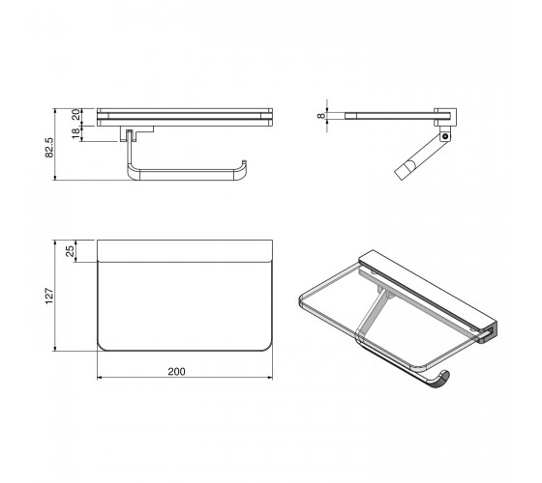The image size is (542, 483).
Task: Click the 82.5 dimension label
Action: [49, 148]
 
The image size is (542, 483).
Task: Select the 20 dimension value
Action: [76, 114]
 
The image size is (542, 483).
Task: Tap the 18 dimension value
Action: [76, 133]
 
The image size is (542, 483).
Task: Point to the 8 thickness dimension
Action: [321, 116]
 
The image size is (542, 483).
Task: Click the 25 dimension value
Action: [70, 251]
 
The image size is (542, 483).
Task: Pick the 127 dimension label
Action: [49, 296]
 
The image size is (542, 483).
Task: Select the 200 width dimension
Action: [176, 372]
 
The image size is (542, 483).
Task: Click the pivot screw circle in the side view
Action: [445, 136]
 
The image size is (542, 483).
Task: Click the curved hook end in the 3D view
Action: [441, 379]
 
